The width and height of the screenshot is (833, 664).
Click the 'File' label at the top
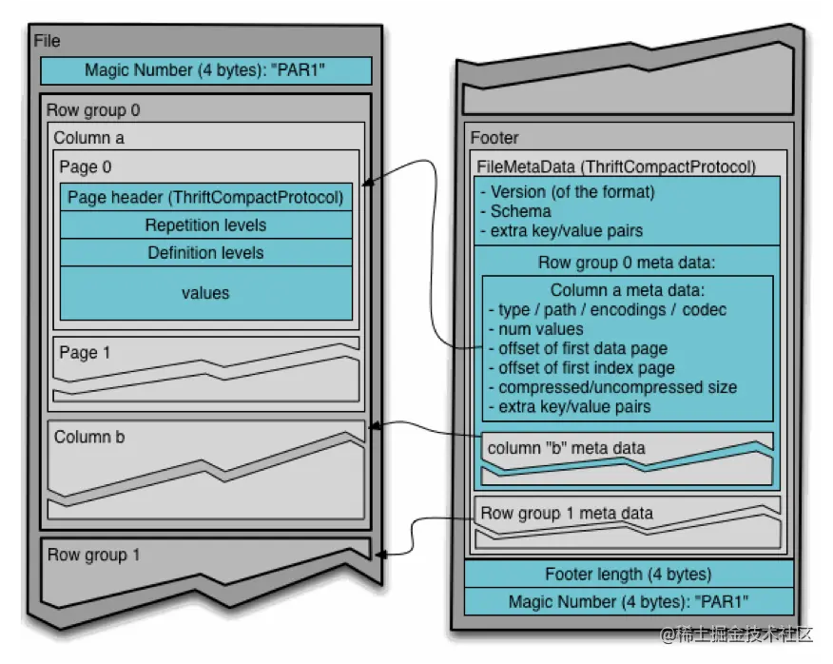click(47, 41)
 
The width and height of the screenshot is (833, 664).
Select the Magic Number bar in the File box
click(205, 70)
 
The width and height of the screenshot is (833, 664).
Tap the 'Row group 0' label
click(93, 110)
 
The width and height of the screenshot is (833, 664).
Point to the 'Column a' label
click(88, 138)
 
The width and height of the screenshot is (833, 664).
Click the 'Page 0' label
click(86, 166)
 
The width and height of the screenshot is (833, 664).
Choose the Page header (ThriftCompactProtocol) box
click(205, 197)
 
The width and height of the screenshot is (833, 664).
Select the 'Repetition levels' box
click(205, 225)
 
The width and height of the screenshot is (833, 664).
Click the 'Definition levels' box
click(205, 252)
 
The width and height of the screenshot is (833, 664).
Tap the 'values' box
click(205, 293)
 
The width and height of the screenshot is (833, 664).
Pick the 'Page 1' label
click(85, 353)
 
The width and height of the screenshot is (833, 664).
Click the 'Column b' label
click(89, 437)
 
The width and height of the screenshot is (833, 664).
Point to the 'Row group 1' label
click(93, 555)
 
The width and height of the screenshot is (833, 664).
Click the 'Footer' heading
click(494, 138)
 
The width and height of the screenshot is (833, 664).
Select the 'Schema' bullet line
click(515, 211)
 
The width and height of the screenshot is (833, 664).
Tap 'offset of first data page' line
click(578, 348)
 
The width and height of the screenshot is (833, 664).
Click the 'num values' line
click(535, 329)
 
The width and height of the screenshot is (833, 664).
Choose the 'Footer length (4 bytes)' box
click(629, 575)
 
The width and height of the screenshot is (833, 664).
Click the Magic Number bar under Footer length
click(629, 602)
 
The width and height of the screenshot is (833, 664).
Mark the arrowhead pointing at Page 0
click(368, 183)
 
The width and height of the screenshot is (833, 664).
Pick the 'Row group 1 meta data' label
click(567, 513)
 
